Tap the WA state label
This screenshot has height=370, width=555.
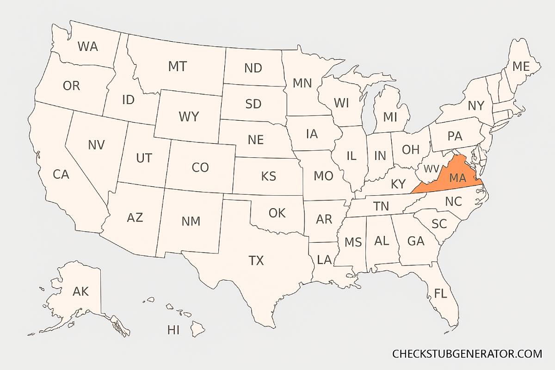87,47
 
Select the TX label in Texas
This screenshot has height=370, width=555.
256,261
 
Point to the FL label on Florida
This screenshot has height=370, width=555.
440,293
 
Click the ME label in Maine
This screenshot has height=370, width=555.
520,67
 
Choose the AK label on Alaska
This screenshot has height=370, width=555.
80,291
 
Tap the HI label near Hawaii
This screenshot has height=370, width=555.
173,330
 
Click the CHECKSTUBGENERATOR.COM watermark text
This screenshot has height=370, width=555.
467,354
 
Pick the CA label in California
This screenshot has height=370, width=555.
61,175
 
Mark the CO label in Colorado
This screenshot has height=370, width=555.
200,167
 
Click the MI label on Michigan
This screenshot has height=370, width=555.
390,117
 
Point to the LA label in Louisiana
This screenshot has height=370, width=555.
324,260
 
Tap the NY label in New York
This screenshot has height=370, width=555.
475,106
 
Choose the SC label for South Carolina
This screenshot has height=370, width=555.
439,224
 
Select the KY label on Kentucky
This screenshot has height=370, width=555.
398,184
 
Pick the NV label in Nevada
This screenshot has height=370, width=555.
96,145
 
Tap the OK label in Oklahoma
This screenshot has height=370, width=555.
277,213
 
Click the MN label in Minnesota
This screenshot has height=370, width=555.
302,83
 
